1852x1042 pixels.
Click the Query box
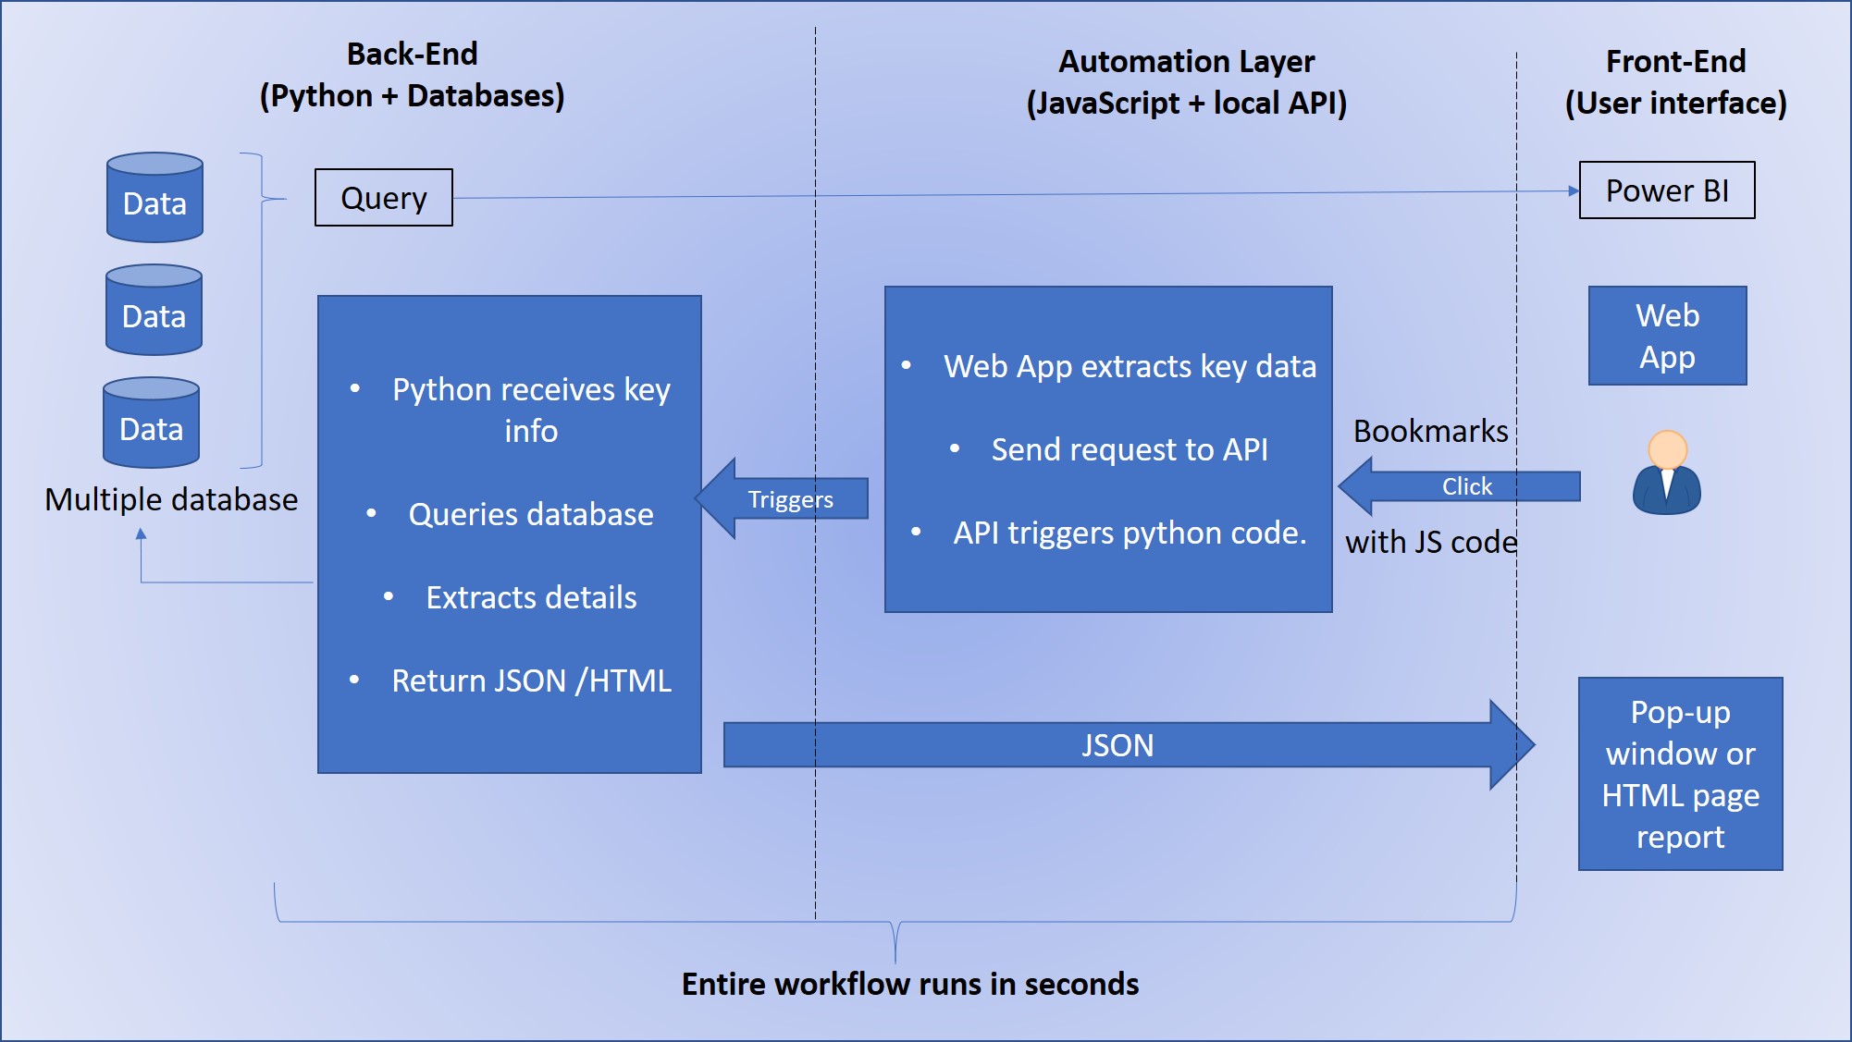(x=383, y=197)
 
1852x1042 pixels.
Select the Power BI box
(x=1666, y=190)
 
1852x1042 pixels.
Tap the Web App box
(x=1667, y=336)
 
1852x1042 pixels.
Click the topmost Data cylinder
(x=154, y=198)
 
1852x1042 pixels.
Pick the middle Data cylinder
(x=154, y=311)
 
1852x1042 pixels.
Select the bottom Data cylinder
(x=151, y=423)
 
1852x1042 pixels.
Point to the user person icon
(x=1667, y=473)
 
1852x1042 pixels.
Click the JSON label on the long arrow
(x=1117, y=745)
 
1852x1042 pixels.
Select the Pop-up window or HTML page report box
(x=1680, y=774)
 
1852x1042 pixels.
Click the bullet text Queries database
(x=530, y=514)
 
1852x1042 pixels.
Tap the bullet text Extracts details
(x=530, y=597)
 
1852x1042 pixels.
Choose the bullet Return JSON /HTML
(x=530, y=680)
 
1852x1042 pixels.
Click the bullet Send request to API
(x=1129, y=449)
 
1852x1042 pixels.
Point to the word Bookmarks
(x=1430, y=431)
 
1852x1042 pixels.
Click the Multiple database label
(x=171, y=499)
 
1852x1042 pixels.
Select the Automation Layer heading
(x=1186, y=62)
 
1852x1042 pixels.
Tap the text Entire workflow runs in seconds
(x=909, y=984)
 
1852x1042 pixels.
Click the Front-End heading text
(x=1675, y=62)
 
